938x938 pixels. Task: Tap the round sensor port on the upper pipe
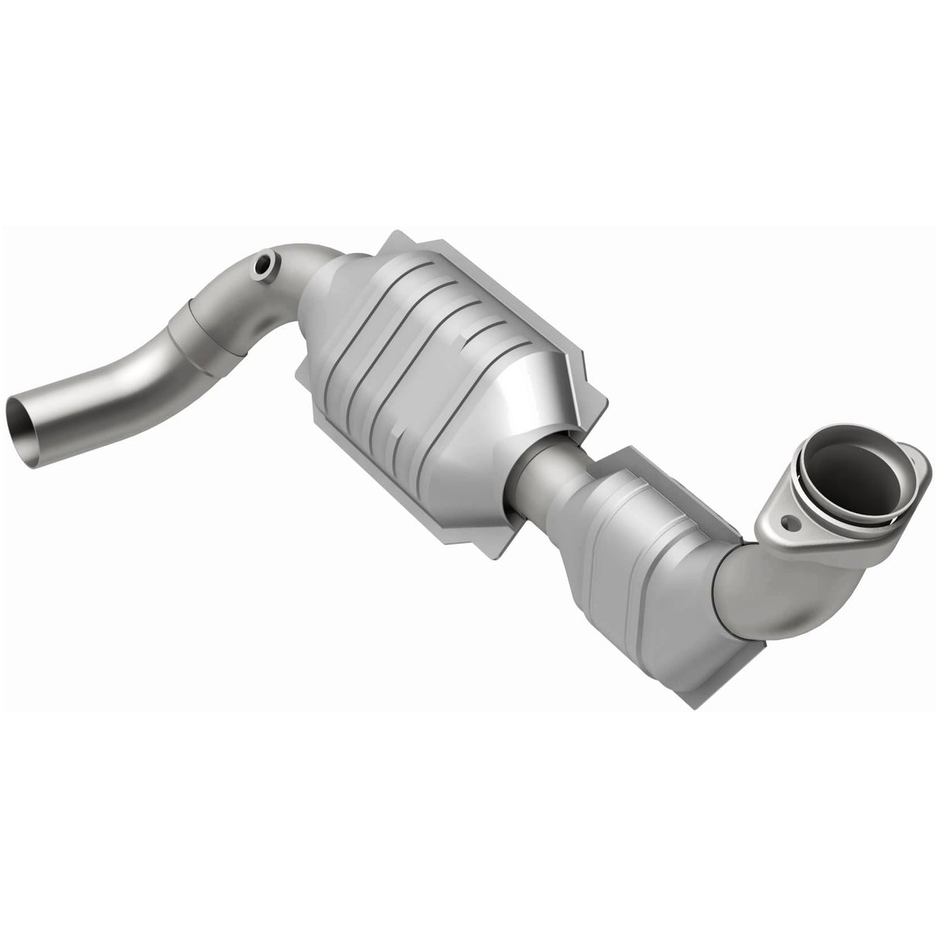264,265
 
